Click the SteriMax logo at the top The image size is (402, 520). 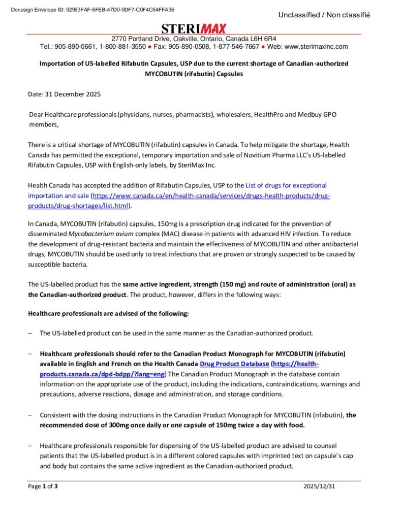pos(194,28)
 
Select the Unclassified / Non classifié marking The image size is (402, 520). pos(324,15)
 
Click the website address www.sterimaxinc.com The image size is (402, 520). pos(316,47)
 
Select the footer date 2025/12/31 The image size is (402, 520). pos(319,486)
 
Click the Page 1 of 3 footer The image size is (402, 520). pos(43,486)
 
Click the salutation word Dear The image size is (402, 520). pos(36,115)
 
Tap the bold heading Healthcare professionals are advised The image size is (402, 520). pos(108,313)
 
